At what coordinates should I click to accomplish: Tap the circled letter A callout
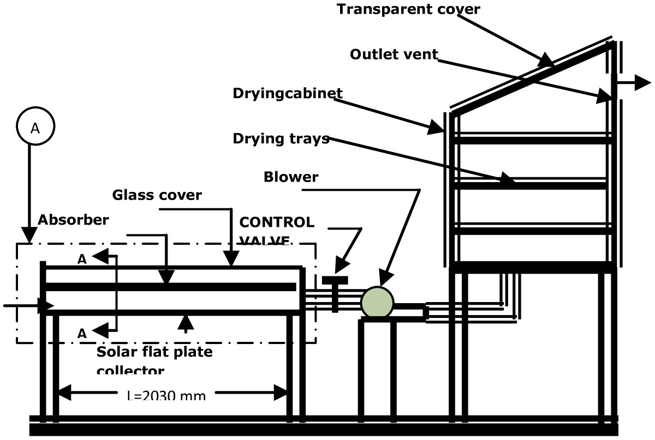pos(35,128)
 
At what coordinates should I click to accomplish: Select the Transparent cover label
pos(408,9)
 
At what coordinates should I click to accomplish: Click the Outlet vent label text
pos(394,55)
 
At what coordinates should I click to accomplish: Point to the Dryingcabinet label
pos(288,93)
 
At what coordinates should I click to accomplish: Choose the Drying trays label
pos(281,138)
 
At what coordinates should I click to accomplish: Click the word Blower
pos(290,177)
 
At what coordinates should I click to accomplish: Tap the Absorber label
pos(73,220)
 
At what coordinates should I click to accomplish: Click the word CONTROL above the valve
pos(277,222)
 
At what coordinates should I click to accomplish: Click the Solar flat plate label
pos(154,352)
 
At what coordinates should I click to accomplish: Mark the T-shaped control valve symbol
pos(335,289)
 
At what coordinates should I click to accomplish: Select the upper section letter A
pos(82,260)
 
